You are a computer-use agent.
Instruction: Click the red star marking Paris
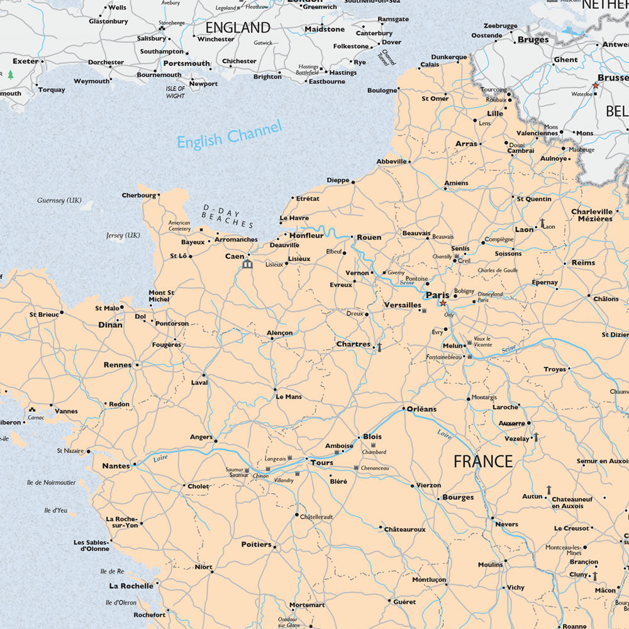tap(443, 303)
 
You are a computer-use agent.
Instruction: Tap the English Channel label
tap(229, 135)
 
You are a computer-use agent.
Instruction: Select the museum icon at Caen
tap(247, 264)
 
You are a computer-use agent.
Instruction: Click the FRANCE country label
tap(483, 461)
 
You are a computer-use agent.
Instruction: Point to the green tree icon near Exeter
tap(11, 75)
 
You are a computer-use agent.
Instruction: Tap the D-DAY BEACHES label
tap(227, 216)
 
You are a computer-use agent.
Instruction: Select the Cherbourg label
tap(138, 195)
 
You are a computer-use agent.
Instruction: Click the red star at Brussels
tap(595, 85)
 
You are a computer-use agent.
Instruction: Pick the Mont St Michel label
tap(161, 296)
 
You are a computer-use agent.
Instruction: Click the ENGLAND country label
tap(238, 28)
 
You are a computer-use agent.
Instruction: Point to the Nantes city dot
tap(134, 465)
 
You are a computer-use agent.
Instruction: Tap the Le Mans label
tap(289, 397)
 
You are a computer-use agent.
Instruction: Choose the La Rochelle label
tap(131, 585)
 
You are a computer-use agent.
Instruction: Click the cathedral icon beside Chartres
tap(379, 346)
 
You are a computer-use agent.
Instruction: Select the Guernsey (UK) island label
tap(59, 200)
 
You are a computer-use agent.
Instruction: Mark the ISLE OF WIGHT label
tap(175, 92)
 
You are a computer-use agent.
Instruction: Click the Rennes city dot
tap(136, 364)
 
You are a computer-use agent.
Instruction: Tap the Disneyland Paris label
tap(491, 297)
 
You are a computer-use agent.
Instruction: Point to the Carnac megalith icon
tap(31, 410)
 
